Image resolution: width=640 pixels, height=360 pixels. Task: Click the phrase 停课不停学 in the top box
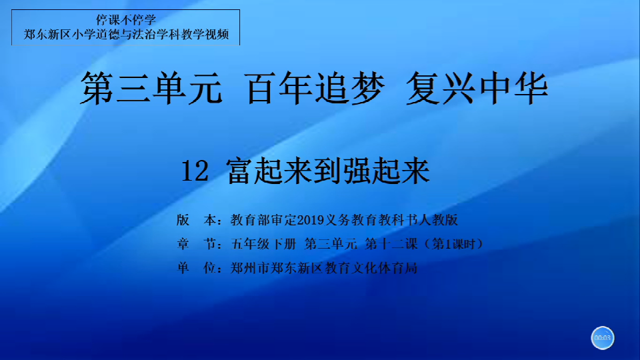click(126, 19)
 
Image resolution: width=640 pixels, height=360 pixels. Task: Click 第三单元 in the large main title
click(151, 88)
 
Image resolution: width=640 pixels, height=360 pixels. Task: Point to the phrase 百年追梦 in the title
click(315, 88)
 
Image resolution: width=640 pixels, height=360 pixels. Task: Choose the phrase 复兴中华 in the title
click(477, 88)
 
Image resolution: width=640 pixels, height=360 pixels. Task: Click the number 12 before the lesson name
click(195, 171)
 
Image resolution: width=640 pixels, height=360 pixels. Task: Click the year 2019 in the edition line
click(311, 220)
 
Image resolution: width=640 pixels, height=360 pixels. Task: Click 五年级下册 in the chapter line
click(264, 244)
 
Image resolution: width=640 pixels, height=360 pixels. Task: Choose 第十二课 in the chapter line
click(391, 244)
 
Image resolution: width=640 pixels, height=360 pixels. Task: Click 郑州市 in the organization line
click(250, 268)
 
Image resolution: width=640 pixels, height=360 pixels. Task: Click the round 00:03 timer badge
click(603, 338)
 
